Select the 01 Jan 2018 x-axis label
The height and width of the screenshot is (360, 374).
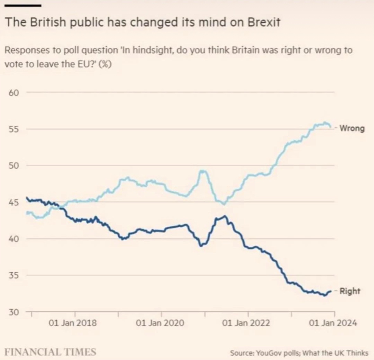click(x=73, y=323)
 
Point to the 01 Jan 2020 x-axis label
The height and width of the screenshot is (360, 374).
click(x=160, y=323)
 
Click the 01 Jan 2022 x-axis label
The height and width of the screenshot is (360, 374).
click(x=246, y=323)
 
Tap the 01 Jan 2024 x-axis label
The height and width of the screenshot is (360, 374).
click(x=333, y=323)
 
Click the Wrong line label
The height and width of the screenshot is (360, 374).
click(x=352, y=129)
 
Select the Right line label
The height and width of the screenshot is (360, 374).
click(x=350, y=291)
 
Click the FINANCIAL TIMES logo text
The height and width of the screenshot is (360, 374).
click(x=50, y=352)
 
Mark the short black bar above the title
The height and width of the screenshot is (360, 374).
click(x=23, y=6)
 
